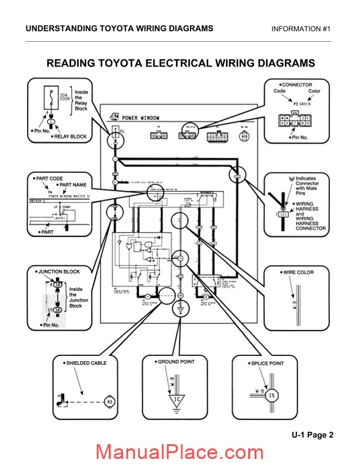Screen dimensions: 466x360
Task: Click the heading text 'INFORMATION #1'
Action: [302, 29]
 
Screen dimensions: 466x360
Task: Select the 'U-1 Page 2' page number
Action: [312, 435]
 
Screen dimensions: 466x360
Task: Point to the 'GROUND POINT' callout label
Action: [175, 361]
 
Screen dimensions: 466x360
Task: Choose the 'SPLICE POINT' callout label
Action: [265, 363]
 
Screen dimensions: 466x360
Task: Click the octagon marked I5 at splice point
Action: [271, 396]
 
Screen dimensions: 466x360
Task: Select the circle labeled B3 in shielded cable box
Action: [109, 402]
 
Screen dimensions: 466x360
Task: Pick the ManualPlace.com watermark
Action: [180, 452]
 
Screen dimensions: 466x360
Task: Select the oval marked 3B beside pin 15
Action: [58, 309]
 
